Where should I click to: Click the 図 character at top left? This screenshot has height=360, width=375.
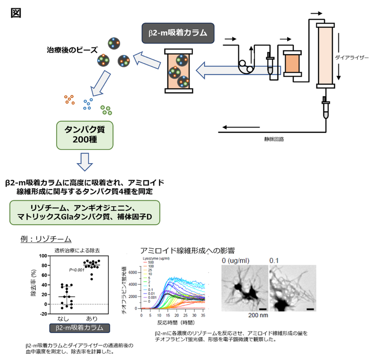click(15, 12)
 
